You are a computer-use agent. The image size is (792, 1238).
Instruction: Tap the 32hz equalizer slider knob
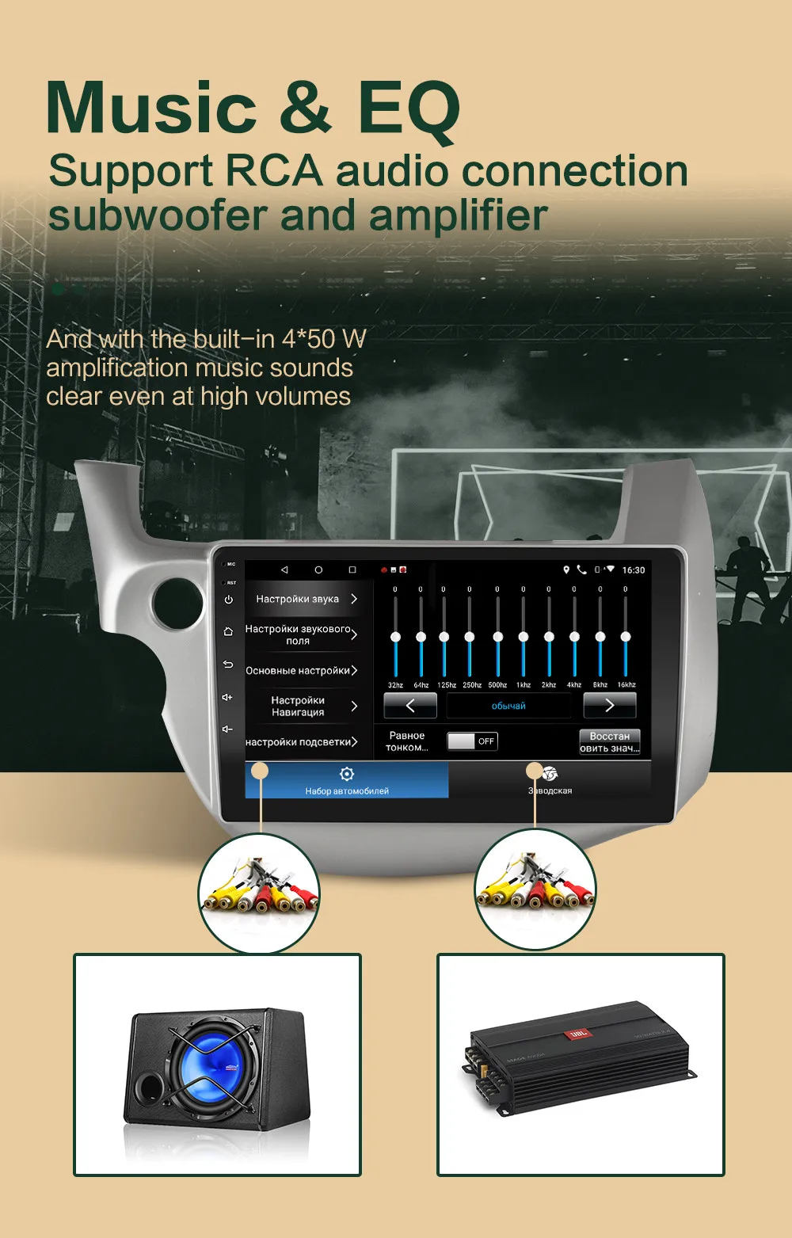(x=395, y=637)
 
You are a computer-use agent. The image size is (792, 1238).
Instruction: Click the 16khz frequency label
(x=626, y=684)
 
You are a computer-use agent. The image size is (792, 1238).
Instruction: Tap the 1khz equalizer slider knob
(x=524, y=637)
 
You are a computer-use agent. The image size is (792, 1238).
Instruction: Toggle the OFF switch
(x=472, y=741)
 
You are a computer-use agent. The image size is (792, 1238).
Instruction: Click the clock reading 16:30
(x=634, y=570)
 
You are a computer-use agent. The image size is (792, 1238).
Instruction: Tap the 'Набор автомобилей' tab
(x=347, y=780)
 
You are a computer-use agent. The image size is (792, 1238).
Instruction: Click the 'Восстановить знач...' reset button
(x=609, y=742)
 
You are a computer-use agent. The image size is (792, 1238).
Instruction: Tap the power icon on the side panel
(x=228, y=600)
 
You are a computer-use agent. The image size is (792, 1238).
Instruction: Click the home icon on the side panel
(x=228, y=631)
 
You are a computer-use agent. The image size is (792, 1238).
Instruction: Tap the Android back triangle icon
(x=284, y=570)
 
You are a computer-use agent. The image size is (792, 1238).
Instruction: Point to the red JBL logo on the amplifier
(x=578, y=1033)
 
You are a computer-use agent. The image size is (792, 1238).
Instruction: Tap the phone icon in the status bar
(x=581, y=569)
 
